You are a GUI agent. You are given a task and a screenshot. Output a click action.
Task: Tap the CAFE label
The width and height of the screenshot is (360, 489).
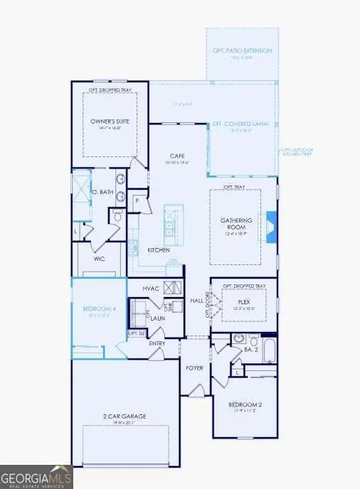point(177,156)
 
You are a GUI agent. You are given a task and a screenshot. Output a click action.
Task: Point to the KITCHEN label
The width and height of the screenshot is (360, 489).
point(158,250)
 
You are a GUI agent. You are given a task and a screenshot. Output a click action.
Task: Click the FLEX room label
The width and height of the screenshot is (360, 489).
point(244,301)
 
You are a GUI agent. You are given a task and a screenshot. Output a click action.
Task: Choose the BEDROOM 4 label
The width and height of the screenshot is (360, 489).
point(98,308)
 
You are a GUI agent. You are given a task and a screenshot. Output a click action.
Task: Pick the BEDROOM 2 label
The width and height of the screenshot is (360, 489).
point(245,404)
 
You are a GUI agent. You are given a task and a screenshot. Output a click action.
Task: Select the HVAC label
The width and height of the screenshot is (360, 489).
point(149,288)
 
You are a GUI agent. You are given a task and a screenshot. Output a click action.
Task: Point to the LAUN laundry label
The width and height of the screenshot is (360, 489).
point(157,319)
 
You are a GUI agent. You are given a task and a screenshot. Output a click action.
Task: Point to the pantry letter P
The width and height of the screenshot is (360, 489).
point(137,201)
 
